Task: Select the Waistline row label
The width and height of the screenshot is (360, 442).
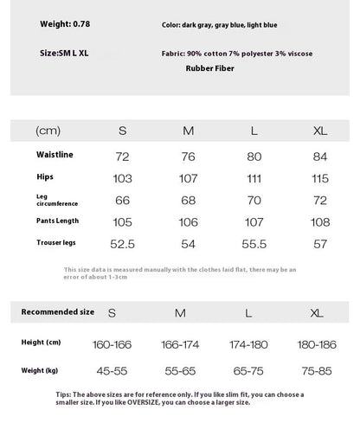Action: (x=55, y=154)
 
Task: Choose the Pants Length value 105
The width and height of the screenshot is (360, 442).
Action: (x=122, y=222)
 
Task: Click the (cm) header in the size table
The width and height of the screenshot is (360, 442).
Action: (x=49, y=131)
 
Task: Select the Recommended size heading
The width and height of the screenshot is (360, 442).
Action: (x=57, y=311)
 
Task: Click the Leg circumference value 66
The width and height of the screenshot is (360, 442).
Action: (x=122, y=200)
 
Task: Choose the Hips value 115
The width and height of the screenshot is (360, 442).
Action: (x=320, y=178)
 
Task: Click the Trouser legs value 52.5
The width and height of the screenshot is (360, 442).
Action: (x=122, y=245)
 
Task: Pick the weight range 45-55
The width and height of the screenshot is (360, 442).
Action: (x=112, y=371)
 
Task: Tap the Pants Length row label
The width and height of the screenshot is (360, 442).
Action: (x=57, y=221)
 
